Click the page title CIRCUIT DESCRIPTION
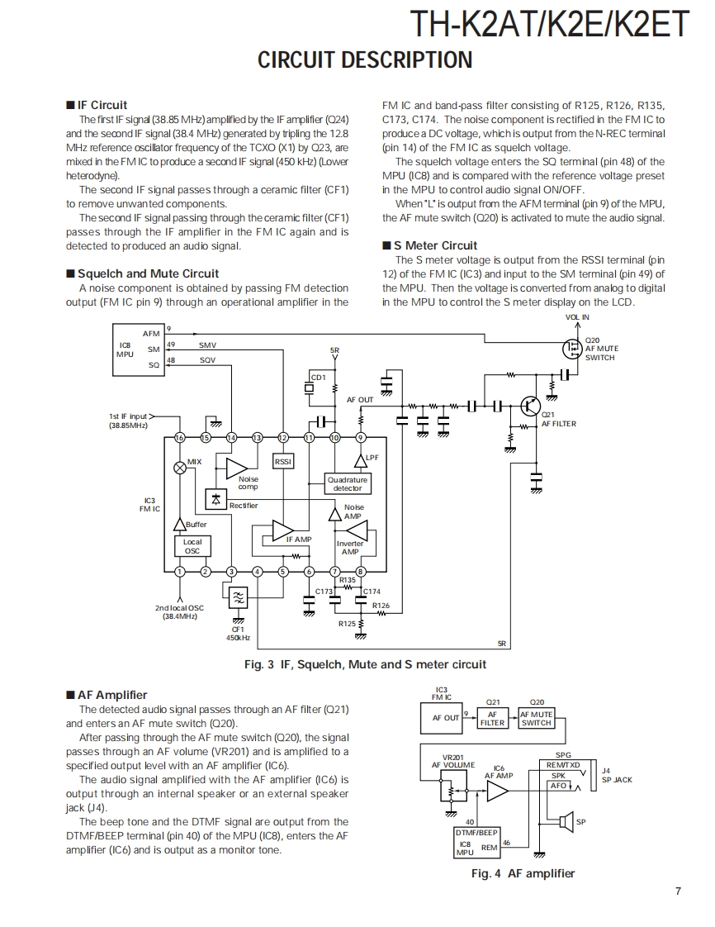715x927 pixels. point(365,60)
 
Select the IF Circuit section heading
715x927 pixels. point(102,105)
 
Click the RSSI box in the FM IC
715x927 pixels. point(283,462)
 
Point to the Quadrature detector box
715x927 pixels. point(348,484)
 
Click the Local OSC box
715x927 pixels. point(192,546)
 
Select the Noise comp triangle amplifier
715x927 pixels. point(236,468)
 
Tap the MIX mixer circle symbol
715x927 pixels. point(179,468)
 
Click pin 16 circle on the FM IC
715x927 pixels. point(179,437)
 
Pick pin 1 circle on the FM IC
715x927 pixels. point(179,571)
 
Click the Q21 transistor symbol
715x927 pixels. point(531,406)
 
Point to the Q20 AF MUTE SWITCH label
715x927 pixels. point(600,349)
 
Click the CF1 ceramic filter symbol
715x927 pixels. point(238,598)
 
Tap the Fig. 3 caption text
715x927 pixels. point(371,664)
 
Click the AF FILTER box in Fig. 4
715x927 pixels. point(492,718)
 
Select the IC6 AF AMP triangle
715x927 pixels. point(497,792)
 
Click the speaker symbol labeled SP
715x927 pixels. point(566,821)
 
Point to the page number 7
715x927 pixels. point(678,891)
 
